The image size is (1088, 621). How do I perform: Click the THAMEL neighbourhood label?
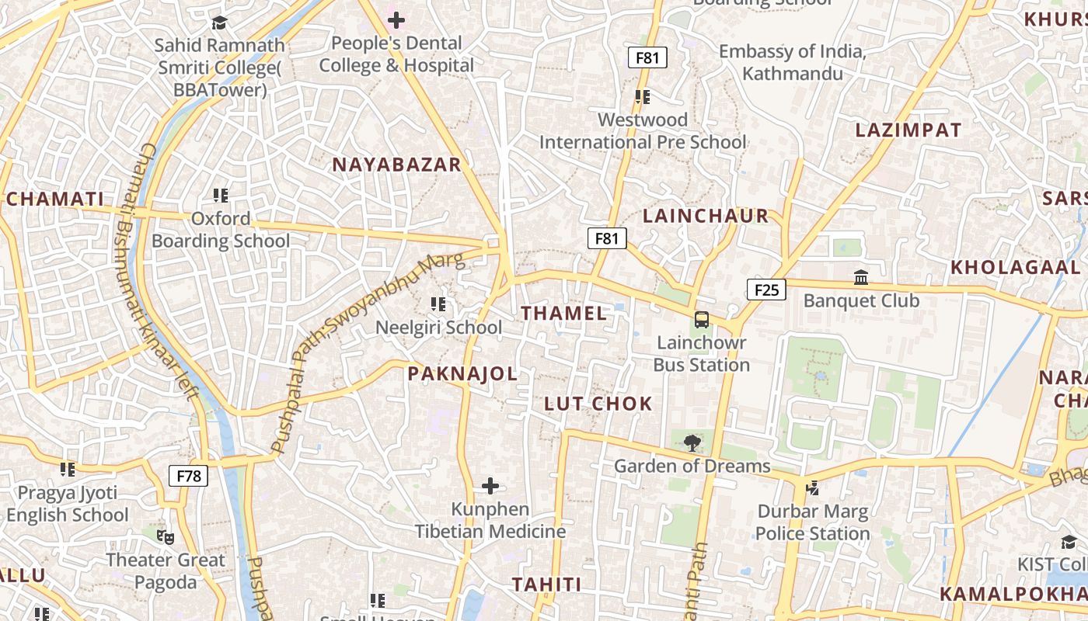click(x=563, y=314)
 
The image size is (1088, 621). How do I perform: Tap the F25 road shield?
click(x=766, y=290)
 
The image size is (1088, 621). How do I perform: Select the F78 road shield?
click(x=189, y=476)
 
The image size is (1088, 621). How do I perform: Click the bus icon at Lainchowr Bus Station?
click(x=701, y=319)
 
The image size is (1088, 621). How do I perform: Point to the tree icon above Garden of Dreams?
click(x=692, y=443)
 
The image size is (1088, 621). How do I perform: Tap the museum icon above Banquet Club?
click(x=861, y=277)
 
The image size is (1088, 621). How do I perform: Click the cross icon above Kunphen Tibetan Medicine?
click(x=490, y=487)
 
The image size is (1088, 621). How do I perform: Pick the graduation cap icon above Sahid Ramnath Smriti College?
click(x=219, y=23)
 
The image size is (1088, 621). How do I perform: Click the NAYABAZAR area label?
click(x=396, y=165)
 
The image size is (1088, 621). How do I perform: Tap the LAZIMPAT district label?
click(x=908, y=130)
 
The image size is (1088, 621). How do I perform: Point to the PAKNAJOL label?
click(x=462, y=374)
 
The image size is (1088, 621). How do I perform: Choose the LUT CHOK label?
click(x=598, y=404)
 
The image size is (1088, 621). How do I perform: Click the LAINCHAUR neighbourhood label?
click(x=706, y=216)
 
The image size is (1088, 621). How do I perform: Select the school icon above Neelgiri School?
click(x=438, y=304)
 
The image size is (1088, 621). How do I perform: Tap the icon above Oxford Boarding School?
click(x=221, y=196)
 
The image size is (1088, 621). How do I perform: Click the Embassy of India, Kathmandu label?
click(x=792, y=63)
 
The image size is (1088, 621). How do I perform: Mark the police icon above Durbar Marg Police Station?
click(x=812, y=488)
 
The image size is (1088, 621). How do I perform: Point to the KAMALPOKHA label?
click(x=1013, y=594)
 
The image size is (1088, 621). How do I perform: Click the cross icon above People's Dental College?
click(x=396, y=20)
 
